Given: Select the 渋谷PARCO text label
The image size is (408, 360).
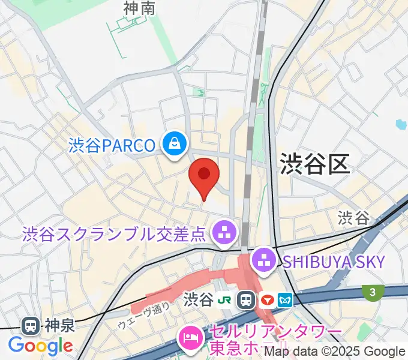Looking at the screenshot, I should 112,145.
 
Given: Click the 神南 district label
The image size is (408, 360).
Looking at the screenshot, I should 139,8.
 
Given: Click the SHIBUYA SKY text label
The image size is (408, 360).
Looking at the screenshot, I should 334,261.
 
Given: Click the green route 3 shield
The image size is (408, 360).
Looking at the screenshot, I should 373,292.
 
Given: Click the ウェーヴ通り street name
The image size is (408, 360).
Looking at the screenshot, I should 144,315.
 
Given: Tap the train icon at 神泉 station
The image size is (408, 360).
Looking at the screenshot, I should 29,326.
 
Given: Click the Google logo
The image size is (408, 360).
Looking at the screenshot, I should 40,346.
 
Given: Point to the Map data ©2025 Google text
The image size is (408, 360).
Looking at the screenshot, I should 334,352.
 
